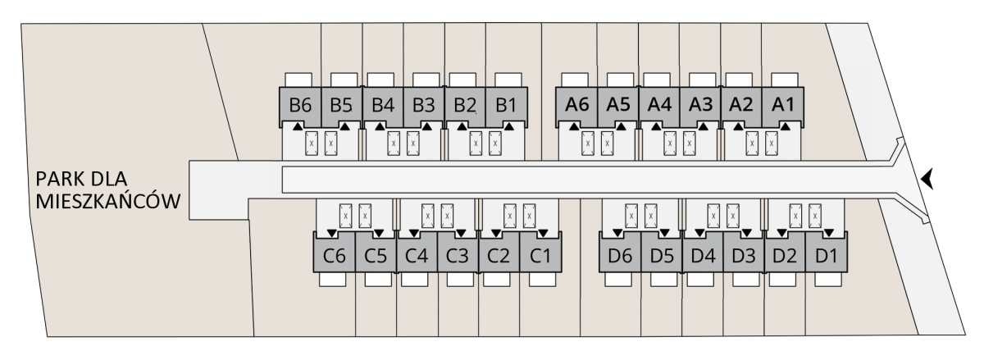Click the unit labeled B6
300,106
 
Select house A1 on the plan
783,105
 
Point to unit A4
659,105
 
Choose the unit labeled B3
424,106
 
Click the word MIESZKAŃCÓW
108,202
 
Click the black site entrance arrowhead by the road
927,180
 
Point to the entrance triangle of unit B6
298,126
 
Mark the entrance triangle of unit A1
786,126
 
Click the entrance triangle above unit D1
829,233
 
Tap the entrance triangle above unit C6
331,233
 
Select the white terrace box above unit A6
575,80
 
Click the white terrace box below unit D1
828,280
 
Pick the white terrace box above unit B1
508,80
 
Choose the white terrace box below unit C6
333,280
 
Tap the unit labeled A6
576,105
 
